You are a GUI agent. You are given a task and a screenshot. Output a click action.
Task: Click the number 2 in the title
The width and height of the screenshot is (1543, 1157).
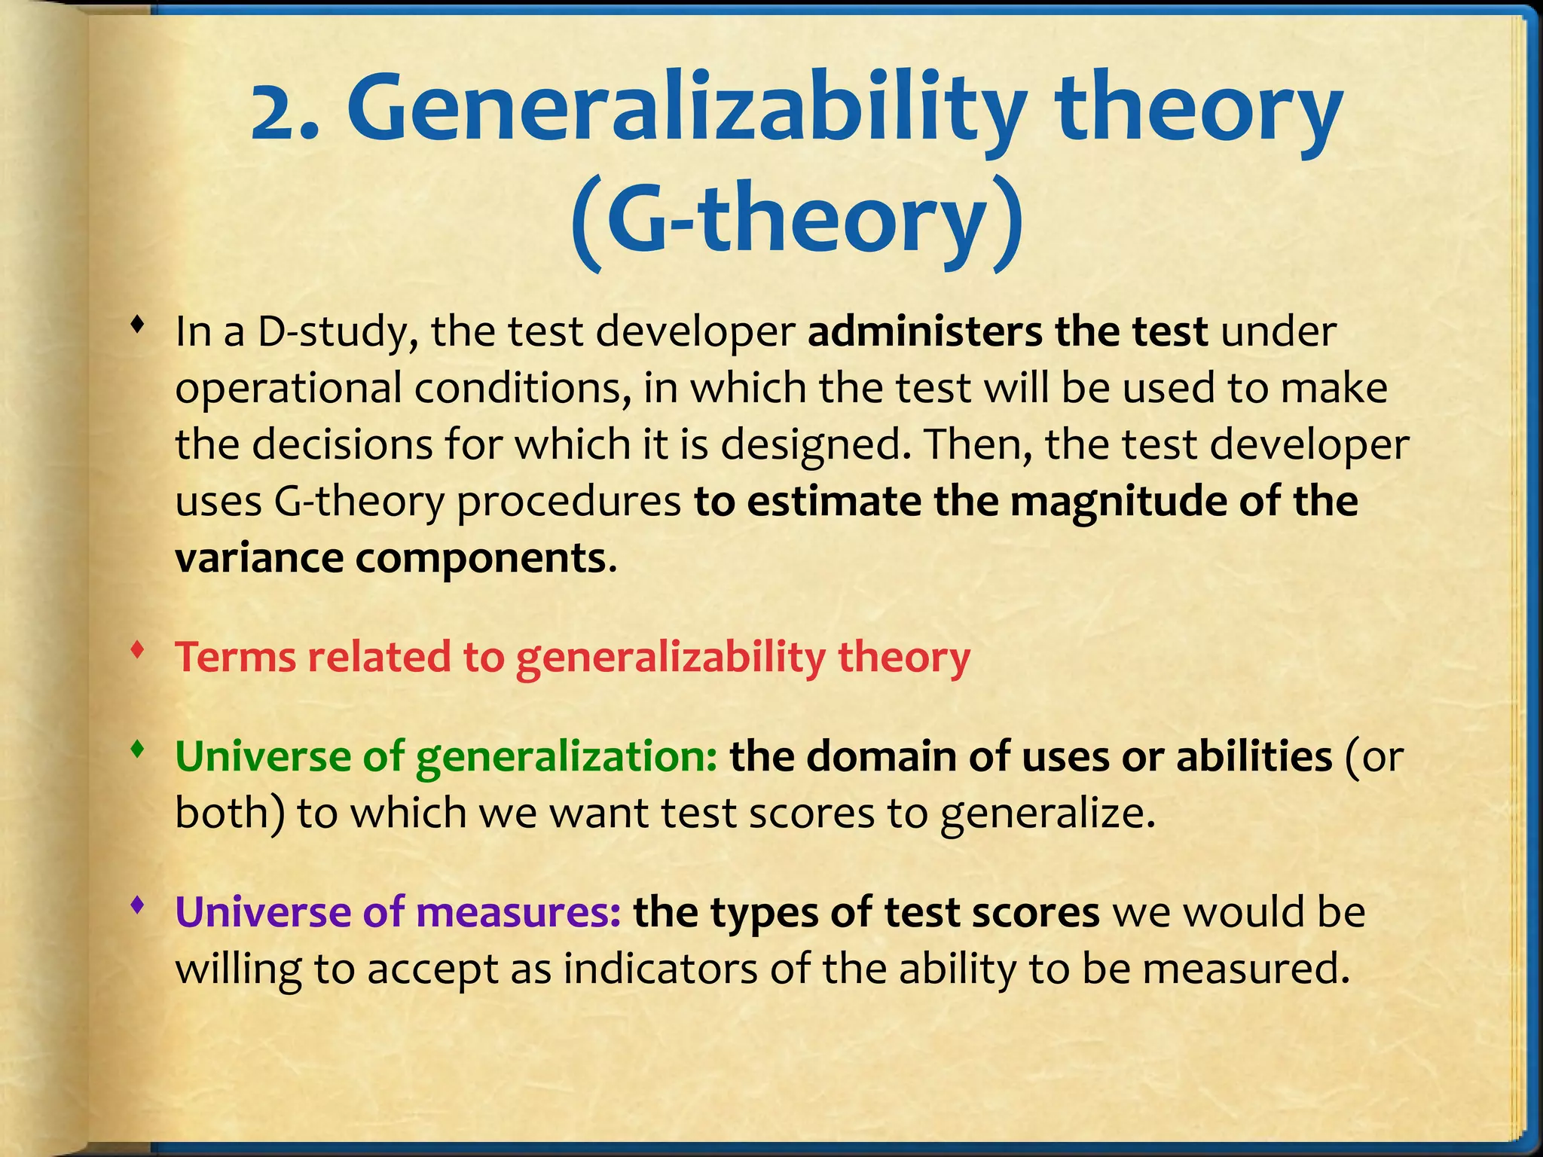[x=276, y=113]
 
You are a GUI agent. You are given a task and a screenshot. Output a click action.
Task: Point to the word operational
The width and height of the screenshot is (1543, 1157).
[x=289, y=389]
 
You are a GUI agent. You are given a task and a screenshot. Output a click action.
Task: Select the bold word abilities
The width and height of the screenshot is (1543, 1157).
[x=1254, y=756]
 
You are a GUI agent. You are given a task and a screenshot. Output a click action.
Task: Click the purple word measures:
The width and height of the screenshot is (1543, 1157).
[x=519, y=912]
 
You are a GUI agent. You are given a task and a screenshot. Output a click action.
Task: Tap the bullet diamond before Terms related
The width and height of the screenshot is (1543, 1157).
[x=136, y=649]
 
